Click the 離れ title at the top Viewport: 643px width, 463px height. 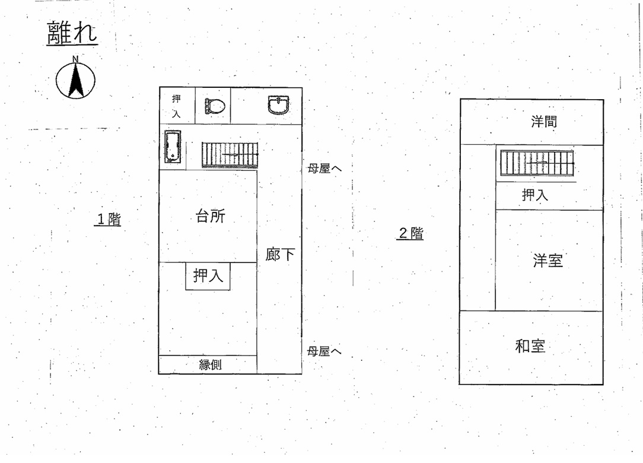tap(72, 33)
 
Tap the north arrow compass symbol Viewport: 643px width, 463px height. tap(75, 78)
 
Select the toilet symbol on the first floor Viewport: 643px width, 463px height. tap(215, 106)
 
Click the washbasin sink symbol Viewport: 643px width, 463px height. tap(278, 104)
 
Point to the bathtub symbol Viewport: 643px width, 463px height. tap(173, 147)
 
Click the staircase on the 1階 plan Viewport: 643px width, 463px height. tap(230, 154)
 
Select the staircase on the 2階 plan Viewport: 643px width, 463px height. tap(537, 163)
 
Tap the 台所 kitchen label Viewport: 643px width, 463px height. tap(211, 216)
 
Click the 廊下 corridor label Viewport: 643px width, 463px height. tap(279, 255)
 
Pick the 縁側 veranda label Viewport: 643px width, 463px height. tap(211, 364)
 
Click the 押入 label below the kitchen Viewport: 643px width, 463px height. tap(208, 275)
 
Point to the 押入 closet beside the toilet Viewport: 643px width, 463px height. tap(176, 106)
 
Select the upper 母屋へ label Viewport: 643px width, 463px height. tap(324, 169)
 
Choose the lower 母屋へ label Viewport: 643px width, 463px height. tap(324, 351)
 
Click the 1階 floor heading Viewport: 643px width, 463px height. tap(109, 219)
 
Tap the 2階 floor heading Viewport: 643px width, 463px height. tap(410, 233)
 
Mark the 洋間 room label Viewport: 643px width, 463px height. tap(544, 122)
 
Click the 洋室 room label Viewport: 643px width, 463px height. tap(547, 261)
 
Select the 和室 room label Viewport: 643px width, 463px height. tap(530, 346)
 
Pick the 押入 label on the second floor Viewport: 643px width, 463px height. tap(534, 195)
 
